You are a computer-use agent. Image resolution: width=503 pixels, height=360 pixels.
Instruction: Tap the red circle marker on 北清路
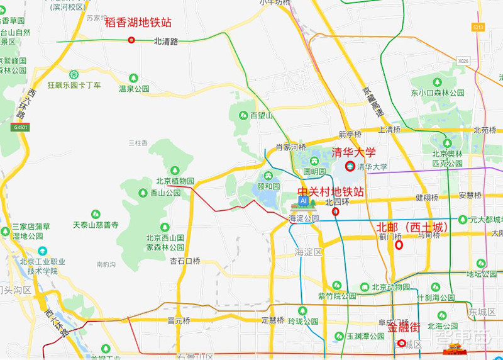click(131, 40)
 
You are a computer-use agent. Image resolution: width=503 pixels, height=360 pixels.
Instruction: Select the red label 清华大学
click(353, 152)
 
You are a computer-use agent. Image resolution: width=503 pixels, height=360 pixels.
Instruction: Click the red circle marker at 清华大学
click(350, 166)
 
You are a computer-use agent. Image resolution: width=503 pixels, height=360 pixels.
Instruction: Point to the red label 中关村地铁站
click(331, 191)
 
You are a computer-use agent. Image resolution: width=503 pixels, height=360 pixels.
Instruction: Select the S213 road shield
click(478, 27)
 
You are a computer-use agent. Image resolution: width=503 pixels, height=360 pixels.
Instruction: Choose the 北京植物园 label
click(175, 181)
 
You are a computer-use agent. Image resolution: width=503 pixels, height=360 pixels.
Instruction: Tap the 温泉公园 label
click(135, 89)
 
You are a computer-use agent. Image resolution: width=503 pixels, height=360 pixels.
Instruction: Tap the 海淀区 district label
click(308, 252)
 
